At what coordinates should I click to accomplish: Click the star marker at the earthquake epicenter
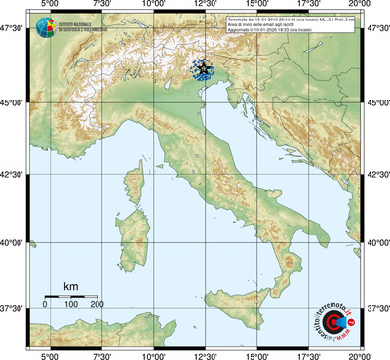tap(203, 69)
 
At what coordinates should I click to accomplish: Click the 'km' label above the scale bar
tap(70, 285)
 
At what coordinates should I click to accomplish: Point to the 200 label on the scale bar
tap(97, 305)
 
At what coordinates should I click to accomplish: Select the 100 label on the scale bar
tap(71, 305)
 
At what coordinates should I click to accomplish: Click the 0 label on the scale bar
tap(45, 305)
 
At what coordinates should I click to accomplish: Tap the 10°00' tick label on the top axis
tap(153, 6)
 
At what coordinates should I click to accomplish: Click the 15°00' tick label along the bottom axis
tap(258, 354)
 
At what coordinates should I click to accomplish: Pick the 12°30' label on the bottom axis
tap(206, 354)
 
